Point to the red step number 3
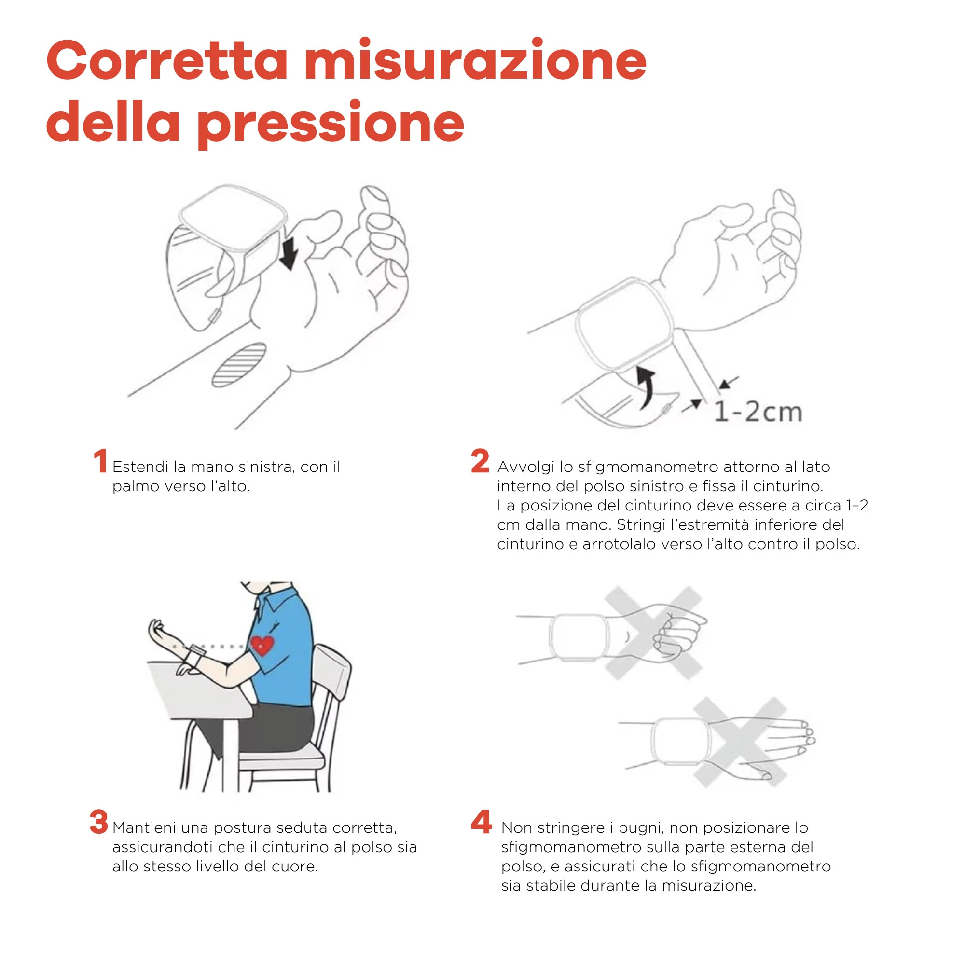click(x=99, y=822)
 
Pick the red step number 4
click(x=481, y=822)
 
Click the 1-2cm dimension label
click(x=758, y=412)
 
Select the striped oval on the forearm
click(x=239, y=365)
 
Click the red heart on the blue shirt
click(x=262, y=645)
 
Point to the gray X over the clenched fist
click(x=653, y=633)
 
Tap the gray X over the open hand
click(x=740, y=742)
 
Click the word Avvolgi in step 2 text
click(x=525, y=467)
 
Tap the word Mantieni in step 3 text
click(x=144, y=828)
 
